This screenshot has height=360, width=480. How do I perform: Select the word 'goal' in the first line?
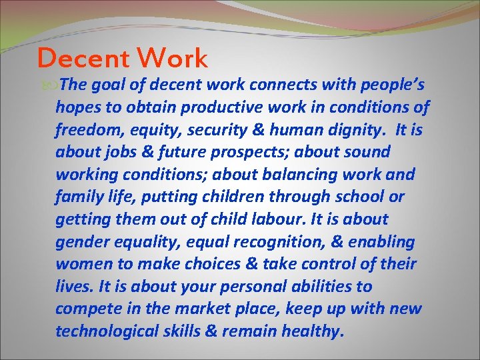coord(105,85)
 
